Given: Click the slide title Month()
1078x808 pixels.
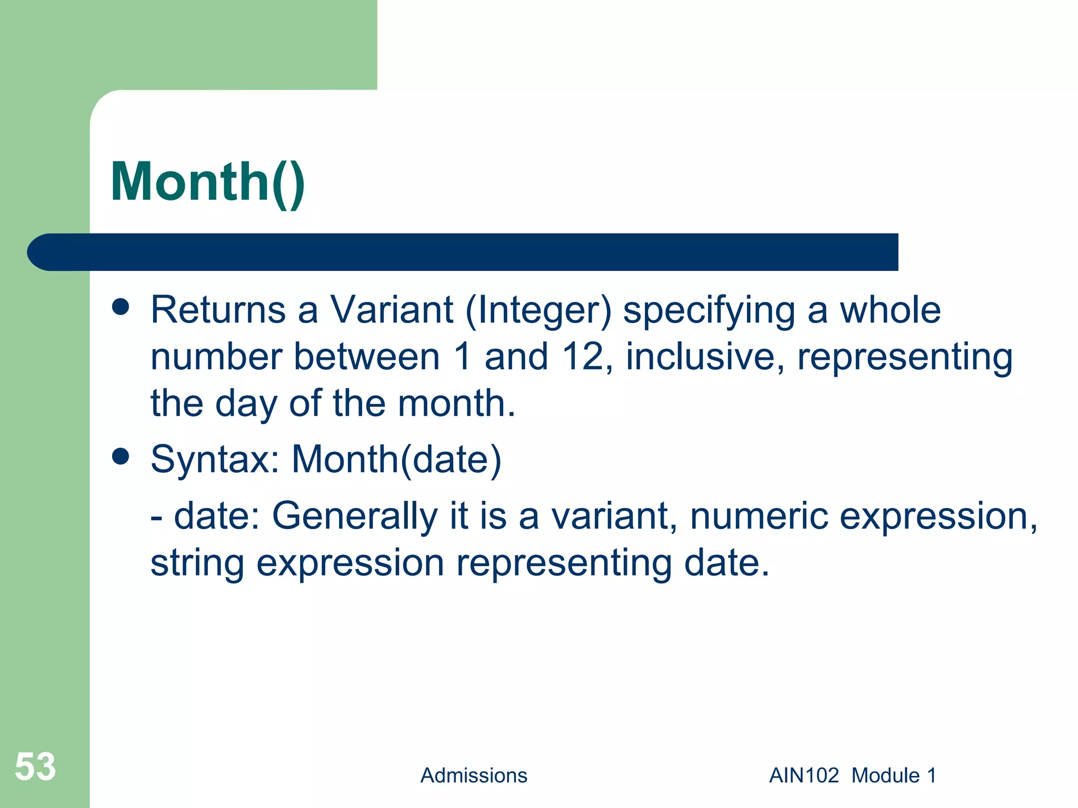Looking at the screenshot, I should coord(208,182).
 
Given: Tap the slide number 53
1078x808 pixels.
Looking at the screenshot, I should coord(35,766).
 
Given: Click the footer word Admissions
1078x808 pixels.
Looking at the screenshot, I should coord(474,775).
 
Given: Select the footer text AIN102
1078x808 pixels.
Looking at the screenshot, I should coord(804,775).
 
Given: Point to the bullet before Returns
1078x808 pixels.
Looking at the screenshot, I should coord(121,307).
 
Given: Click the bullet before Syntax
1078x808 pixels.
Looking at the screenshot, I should coord(121,457).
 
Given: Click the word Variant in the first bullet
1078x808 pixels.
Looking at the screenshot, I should coord(392,310).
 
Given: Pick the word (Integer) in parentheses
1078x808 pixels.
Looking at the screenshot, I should coord(538,311).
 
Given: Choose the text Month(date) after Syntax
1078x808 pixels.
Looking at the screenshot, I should coord(396,460).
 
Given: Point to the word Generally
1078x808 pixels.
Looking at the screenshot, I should coord(355,517).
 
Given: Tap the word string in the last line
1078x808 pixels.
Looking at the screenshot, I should coord(197,563).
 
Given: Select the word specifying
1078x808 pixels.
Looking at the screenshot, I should coord(709,311).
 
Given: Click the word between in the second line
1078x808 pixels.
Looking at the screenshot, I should coord(366,357).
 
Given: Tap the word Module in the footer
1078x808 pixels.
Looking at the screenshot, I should coord(886,775).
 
